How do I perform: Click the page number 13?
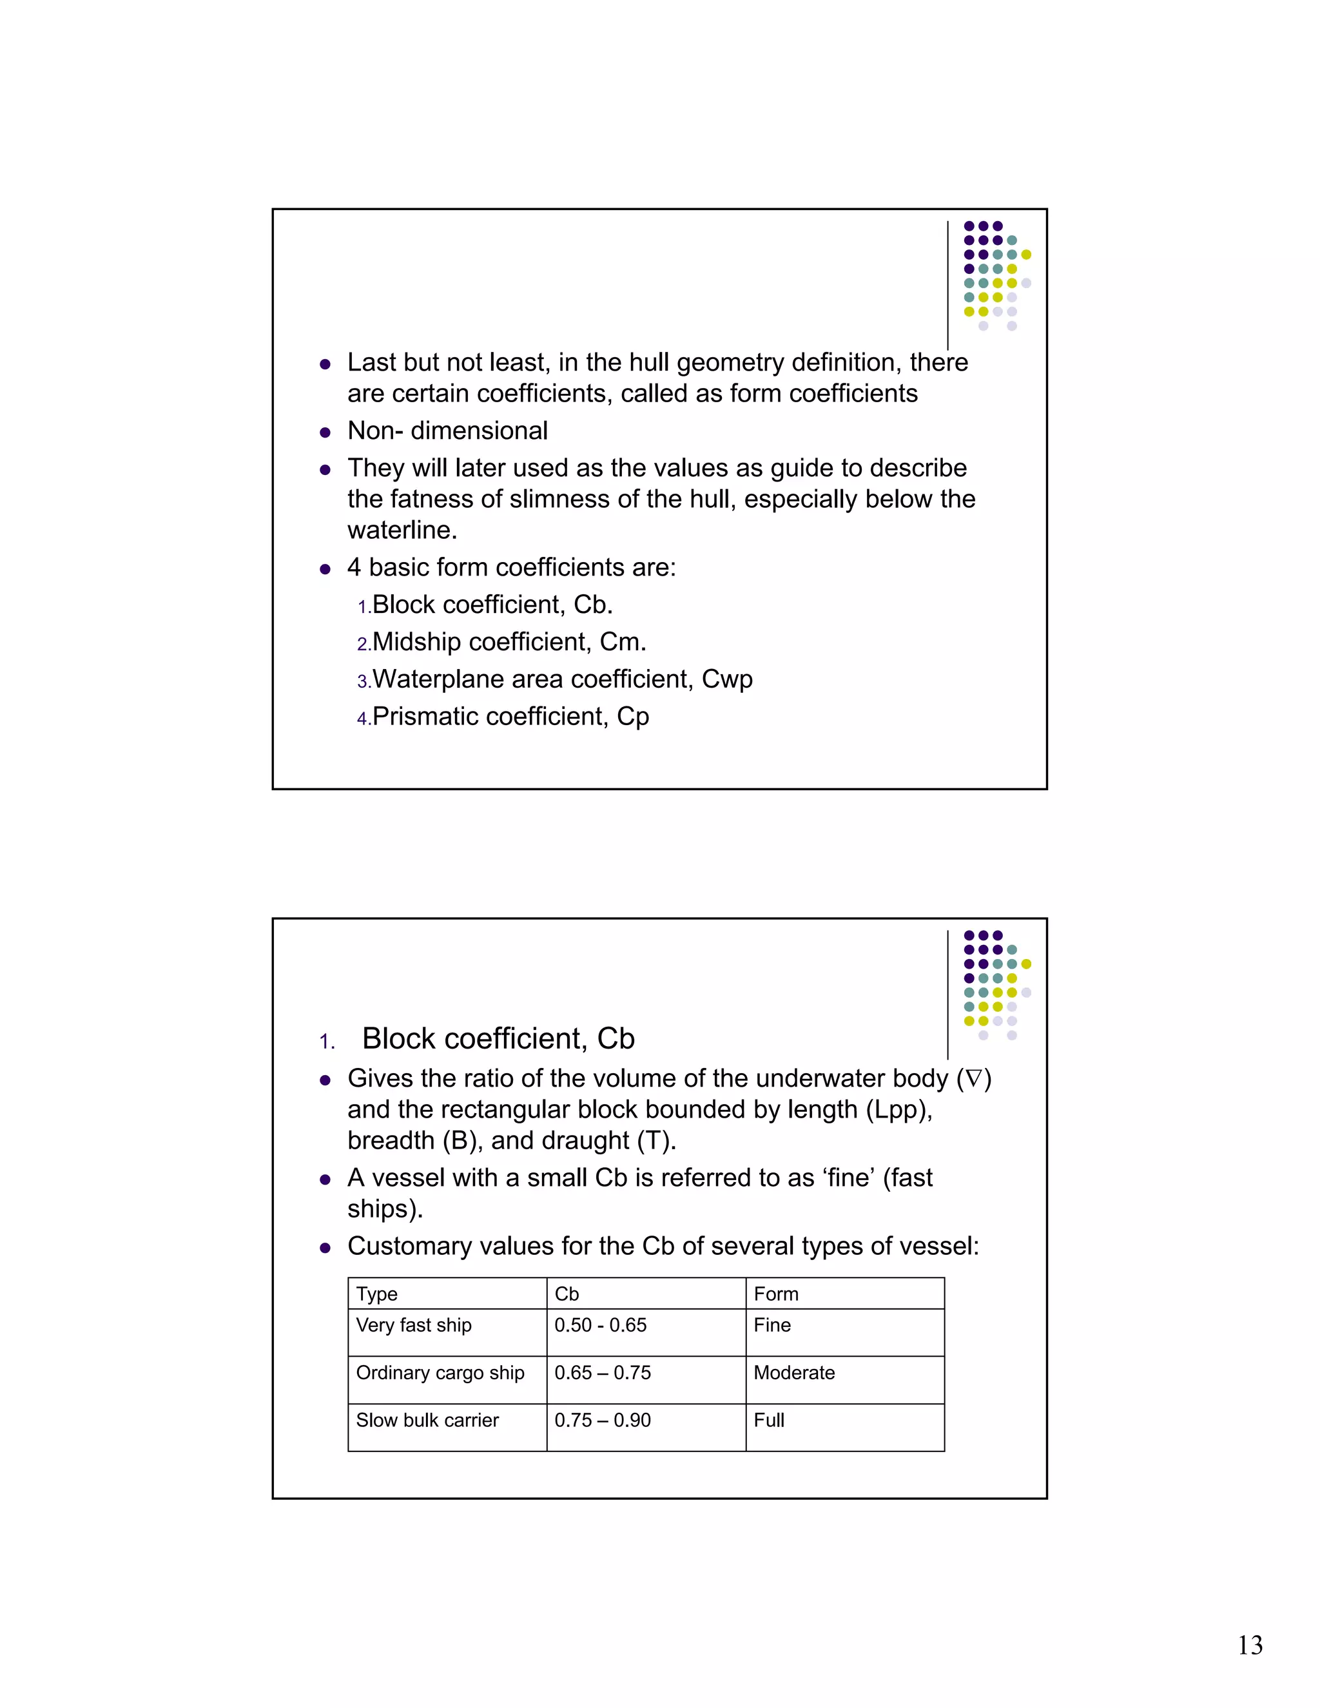[1250, 1645]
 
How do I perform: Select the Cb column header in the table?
[567, 1294]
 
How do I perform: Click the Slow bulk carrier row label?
[427, 1420]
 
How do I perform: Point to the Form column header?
[776, 1294]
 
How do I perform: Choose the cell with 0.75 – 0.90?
[602, 1420]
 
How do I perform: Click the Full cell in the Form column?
[769, 1420]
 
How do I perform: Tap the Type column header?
[377, 1294]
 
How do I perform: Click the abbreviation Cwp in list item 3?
[726, 679]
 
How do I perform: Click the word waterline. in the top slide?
[402, 530]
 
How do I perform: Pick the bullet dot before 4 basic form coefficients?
[325, 569]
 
